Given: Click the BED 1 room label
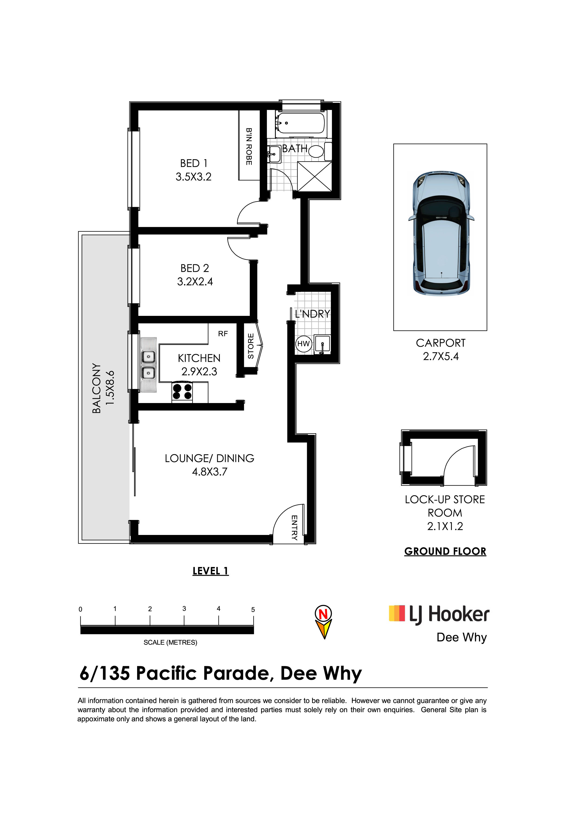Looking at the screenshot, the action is tap(194, 163).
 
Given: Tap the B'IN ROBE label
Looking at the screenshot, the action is tap(249, 146).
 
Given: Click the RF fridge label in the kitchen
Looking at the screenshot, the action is tap(223, 334).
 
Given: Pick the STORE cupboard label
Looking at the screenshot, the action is tap(251, 346).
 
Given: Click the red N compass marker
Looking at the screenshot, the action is tap(323, 614).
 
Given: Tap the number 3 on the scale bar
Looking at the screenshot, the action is tap(184, 609).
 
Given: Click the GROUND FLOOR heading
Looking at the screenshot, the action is tap(445, 551).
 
